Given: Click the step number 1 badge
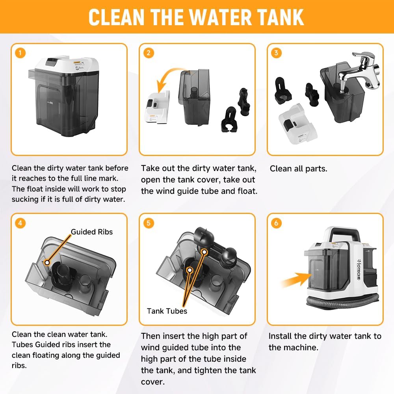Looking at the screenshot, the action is [20, 53].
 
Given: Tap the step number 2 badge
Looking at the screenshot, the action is [149, 53].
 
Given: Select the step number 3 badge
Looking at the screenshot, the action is [276, 53].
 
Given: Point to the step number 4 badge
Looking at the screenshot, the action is [20, 223].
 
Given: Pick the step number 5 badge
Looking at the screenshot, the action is [149, 223].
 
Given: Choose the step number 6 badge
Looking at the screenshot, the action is [276, 223].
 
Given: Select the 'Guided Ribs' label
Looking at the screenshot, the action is [92, 232].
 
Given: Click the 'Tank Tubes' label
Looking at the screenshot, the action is [167, 311].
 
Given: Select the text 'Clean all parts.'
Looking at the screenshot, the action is [299, 169].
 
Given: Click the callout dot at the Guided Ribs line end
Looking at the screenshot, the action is [47, 262].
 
